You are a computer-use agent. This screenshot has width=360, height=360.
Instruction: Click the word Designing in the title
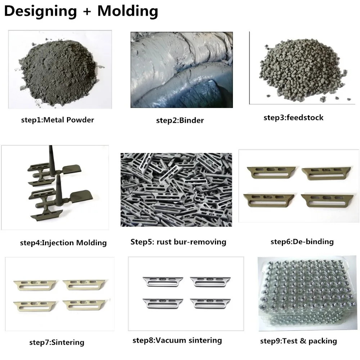(x=40, y=11)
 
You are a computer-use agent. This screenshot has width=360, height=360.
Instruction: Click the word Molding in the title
(x=128, y=11)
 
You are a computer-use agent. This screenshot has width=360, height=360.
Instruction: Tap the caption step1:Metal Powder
(x=58, y=120)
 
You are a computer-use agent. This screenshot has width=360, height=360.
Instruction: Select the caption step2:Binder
(x=180, y=120)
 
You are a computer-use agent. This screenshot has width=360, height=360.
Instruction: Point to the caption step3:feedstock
(x=293, y=117)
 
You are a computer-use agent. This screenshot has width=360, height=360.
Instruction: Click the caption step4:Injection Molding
(x=63, y=243)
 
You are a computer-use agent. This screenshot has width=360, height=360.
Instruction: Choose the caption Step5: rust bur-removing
(x=178, y=242)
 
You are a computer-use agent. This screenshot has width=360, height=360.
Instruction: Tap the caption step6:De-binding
(x=302, y=241)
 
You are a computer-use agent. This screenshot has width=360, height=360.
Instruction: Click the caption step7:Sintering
(x=57, y=342)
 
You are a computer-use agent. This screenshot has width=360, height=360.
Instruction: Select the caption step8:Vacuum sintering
(x=177, y=340)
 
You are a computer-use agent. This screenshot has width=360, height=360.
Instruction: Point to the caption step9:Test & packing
(x=298, y=341)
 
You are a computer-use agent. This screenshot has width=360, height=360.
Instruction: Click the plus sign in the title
(x=87, y=12)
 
